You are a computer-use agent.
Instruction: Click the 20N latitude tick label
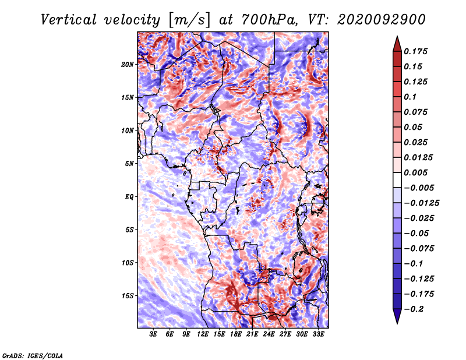tap(128, 64)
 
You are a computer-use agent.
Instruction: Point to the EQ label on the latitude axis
tap(129, 197)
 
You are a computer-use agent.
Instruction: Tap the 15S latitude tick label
tap(128, 296)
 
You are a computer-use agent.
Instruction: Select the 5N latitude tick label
tap(129, 164)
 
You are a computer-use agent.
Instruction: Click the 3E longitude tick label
tap(153, 334)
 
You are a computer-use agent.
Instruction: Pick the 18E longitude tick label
tap(236, 334)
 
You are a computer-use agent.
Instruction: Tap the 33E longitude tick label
tap(318, 334)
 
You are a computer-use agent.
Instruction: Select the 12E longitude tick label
tap(203, 334)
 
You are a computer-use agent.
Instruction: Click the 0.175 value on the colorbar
tap(415, 51)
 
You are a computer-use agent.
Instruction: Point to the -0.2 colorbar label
tap(414, 309)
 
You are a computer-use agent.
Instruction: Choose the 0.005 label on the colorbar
tap(415, 172)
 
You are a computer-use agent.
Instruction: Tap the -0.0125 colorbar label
tap(421, 203)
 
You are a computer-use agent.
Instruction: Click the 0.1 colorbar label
tap(410, 97)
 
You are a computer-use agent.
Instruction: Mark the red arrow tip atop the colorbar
tap(397, 37)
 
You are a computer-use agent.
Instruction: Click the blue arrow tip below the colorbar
tap(397, 323)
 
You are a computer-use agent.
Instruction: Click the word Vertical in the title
tap(68, 20)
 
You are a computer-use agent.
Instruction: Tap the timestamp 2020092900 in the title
tap(382, 20)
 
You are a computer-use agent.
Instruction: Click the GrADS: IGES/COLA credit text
tap(33, 356)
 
